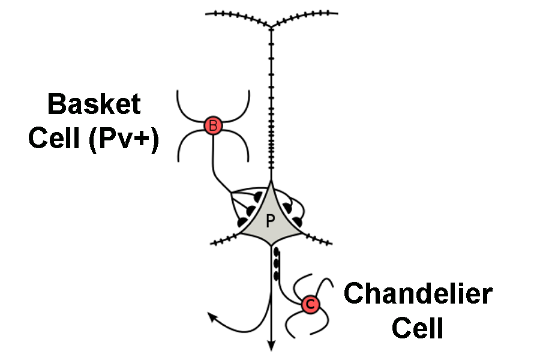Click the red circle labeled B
coord(212,125)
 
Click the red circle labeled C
coord(310,305)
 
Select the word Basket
coord(94,104)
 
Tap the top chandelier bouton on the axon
coord(276,253)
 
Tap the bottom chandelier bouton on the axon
coord(277,276)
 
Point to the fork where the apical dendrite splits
coord(271,27)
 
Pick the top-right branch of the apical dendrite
coord(306,15)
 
